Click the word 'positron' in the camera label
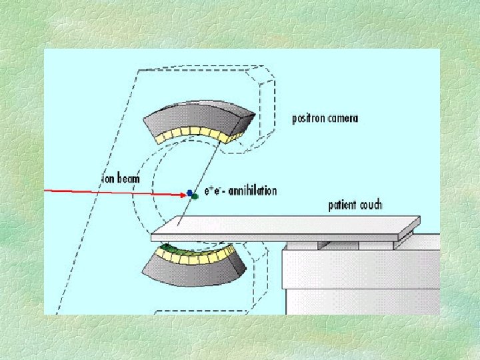(x=309, y=119)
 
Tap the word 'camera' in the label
(x=343, y=119)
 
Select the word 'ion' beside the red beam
(x=107, y=179)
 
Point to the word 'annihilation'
(x=253, y=191)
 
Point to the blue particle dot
(x=190, y=192)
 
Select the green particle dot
(x=195, y=197)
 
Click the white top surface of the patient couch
(x=287, y=228)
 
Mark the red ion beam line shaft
(x=113, y=192)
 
